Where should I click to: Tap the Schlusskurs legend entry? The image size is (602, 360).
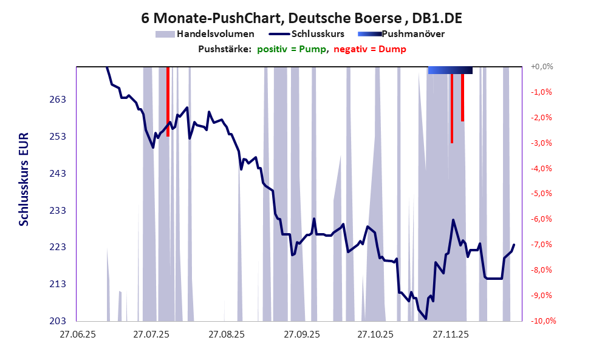click(318, 34)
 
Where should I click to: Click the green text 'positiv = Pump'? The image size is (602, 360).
click(292, 49)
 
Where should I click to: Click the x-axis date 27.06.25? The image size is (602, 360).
click(76, 334)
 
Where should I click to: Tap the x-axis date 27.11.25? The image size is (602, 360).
click(450, 334)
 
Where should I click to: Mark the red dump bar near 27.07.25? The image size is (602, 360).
click(168, 101)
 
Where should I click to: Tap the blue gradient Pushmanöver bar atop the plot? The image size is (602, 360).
click(450, 70)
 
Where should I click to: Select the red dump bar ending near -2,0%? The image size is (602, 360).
click(462, 97)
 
